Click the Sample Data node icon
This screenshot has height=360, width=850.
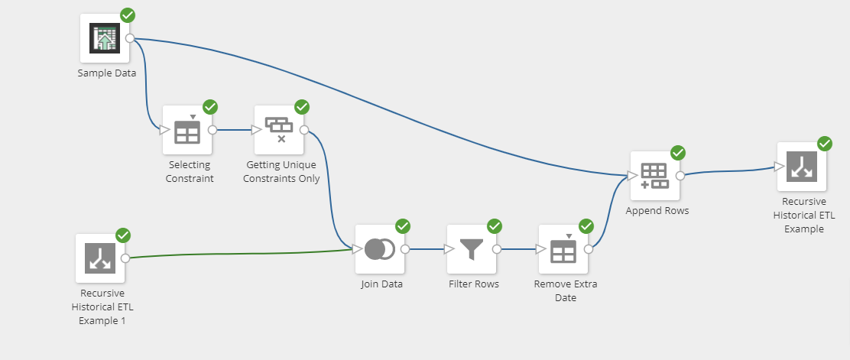[x=105, y=37]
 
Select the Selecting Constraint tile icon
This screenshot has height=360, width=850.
[x=187, y=130]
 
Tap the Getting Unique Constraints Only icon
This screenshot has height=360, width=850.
[x=278, y=130]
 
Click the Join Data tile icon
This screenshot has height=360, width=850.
[x=379, y=249]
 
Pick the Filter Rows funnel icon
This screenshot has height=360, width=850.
[x=471, y=249]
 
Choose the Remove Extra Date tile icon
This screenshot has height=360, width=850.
[x=563, y=249]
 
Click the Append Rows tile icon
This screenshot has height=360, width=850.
[x=654, y=175]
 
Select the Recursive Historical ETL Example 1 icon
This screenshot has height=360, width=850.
[x=100, y=258]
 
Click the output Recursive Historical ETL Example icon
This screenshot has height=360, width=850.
[x=801, y=167]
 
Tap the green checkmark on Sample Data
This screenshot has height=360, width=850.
[x=128, y=15]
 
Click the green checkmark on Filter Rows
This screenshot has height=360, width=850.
[x=495, y=226]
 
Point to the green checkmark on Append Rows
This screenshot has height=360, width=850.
[x=678, y=153]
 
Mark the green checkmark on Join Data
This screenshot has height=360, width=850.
[x=403, y=226]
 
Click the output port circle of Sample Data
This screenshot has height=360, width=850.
[x=130, y=38]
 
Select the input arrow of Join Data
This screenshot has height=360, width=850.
[x=356, y=248]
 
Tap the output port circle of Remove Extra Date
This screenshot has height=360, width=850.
[x=589, y=248]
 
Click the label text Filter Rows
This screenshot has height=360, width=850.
[x=473, y=284]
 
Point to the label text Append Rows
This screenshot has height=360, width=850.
[x=657, y=210]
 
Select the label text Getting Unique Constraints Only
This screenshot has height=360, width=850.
[x=283, y=172]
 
